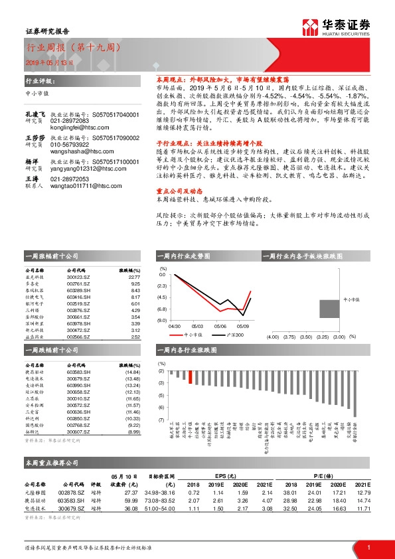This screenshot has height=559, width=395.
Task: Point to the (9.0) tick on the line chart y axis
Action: pyautogui.click(x=162, y=320)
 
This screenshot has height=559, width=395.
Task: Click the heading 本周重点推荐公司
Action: pyautogui.click(x=52, y=462)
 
